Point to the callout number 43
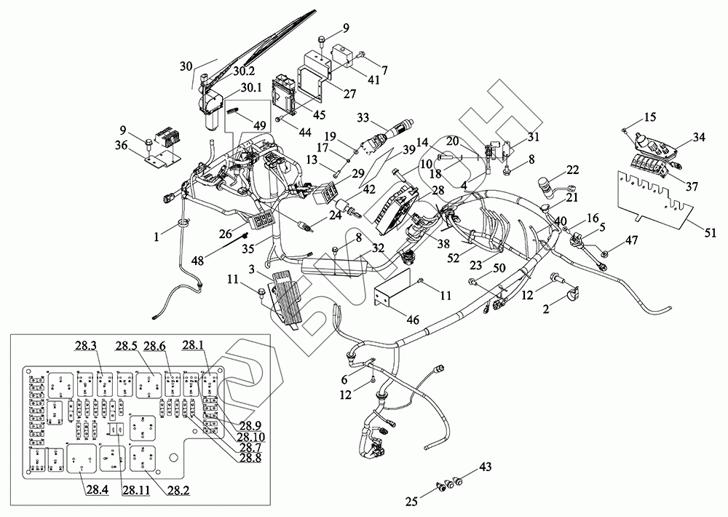tap(486, 465)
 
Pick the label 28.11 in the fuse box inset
tap(136, 490)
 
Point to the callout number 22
tap(572, 170)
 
